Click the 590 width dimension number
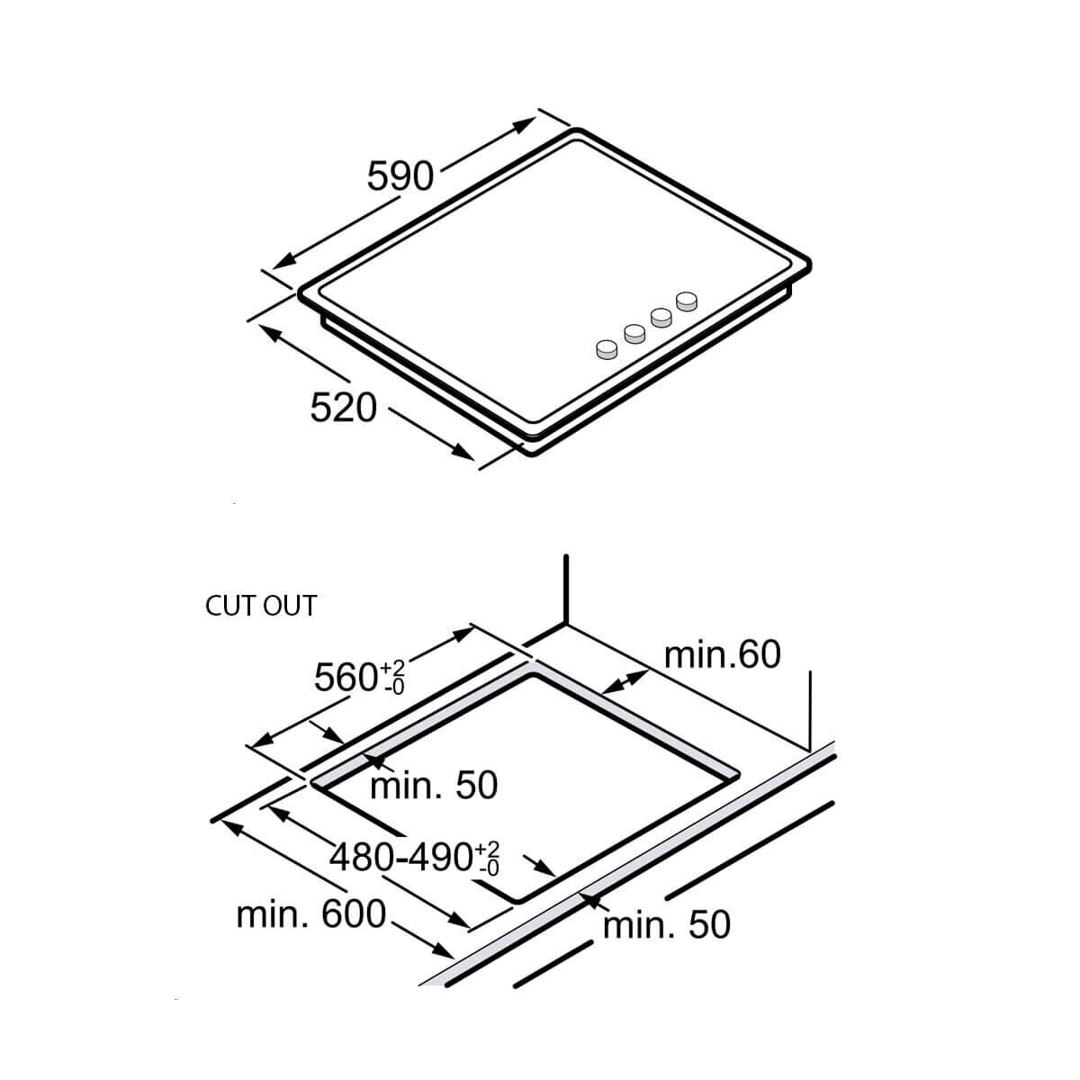coord(400,176)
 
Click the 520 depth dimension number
coord(343,408)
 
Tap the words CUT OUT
coord(261,606)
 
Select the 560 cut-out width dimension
coord(359,677)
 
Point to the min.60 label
coord(722,653)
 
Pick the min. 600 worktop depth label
coord(311,914)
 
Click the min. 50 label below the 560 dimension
coord(434,785)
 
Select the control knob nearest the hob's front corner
coord(607,350)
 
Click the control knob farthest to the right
coord(687,301)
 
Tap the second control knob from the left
coord(634,334)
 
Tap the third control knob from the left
coord(661,319)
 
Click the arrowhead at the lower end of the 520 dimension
coord(463,451)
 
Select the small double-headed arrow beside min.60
coord(625,682)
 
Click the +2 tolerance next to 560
coord(393,668)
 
